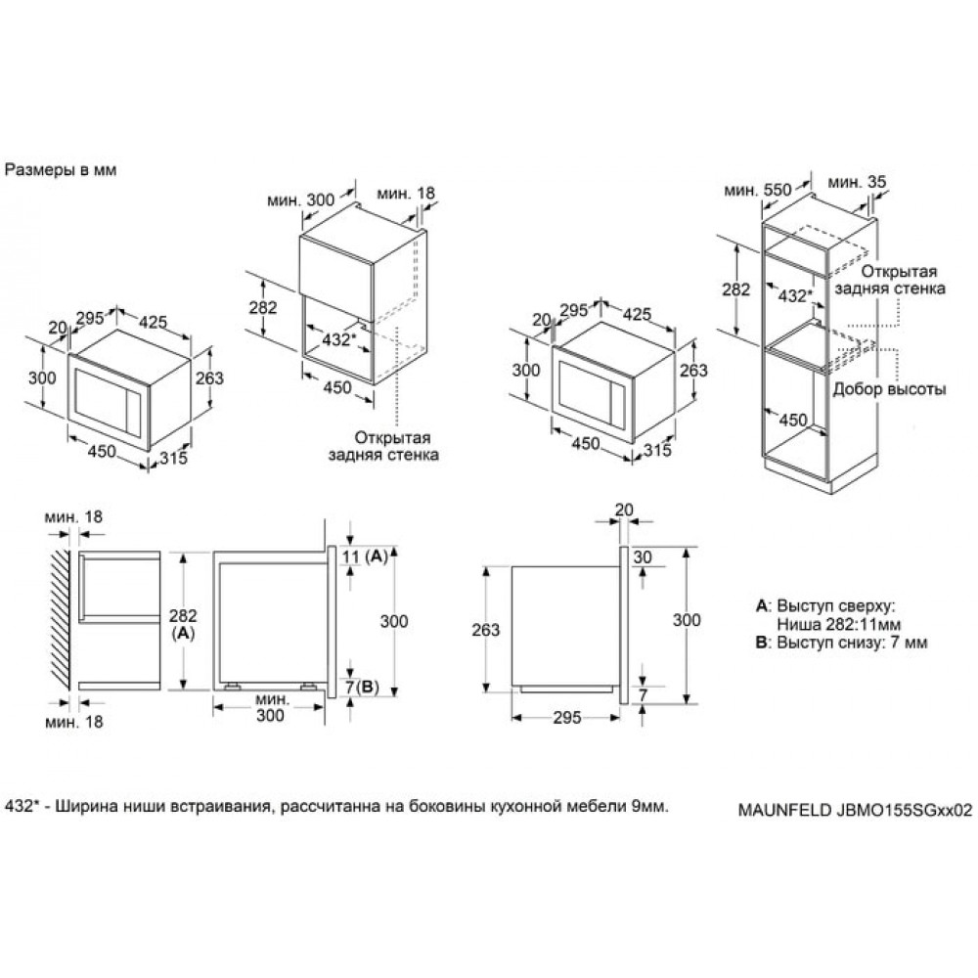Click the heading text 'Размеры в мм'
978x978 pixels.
[62, 169]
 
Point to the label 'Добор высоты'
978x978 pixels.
[889, 388]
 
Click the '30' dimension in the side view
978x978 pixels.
[642, 556]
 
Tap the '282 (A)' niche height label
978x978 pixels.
[183, 624]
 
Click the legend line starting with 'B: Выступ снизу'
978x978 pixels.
[840, 643]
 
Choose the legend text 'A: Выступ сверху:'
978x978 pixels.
[825, 606]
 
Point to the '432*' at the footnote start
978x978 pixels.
[24, 807]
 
